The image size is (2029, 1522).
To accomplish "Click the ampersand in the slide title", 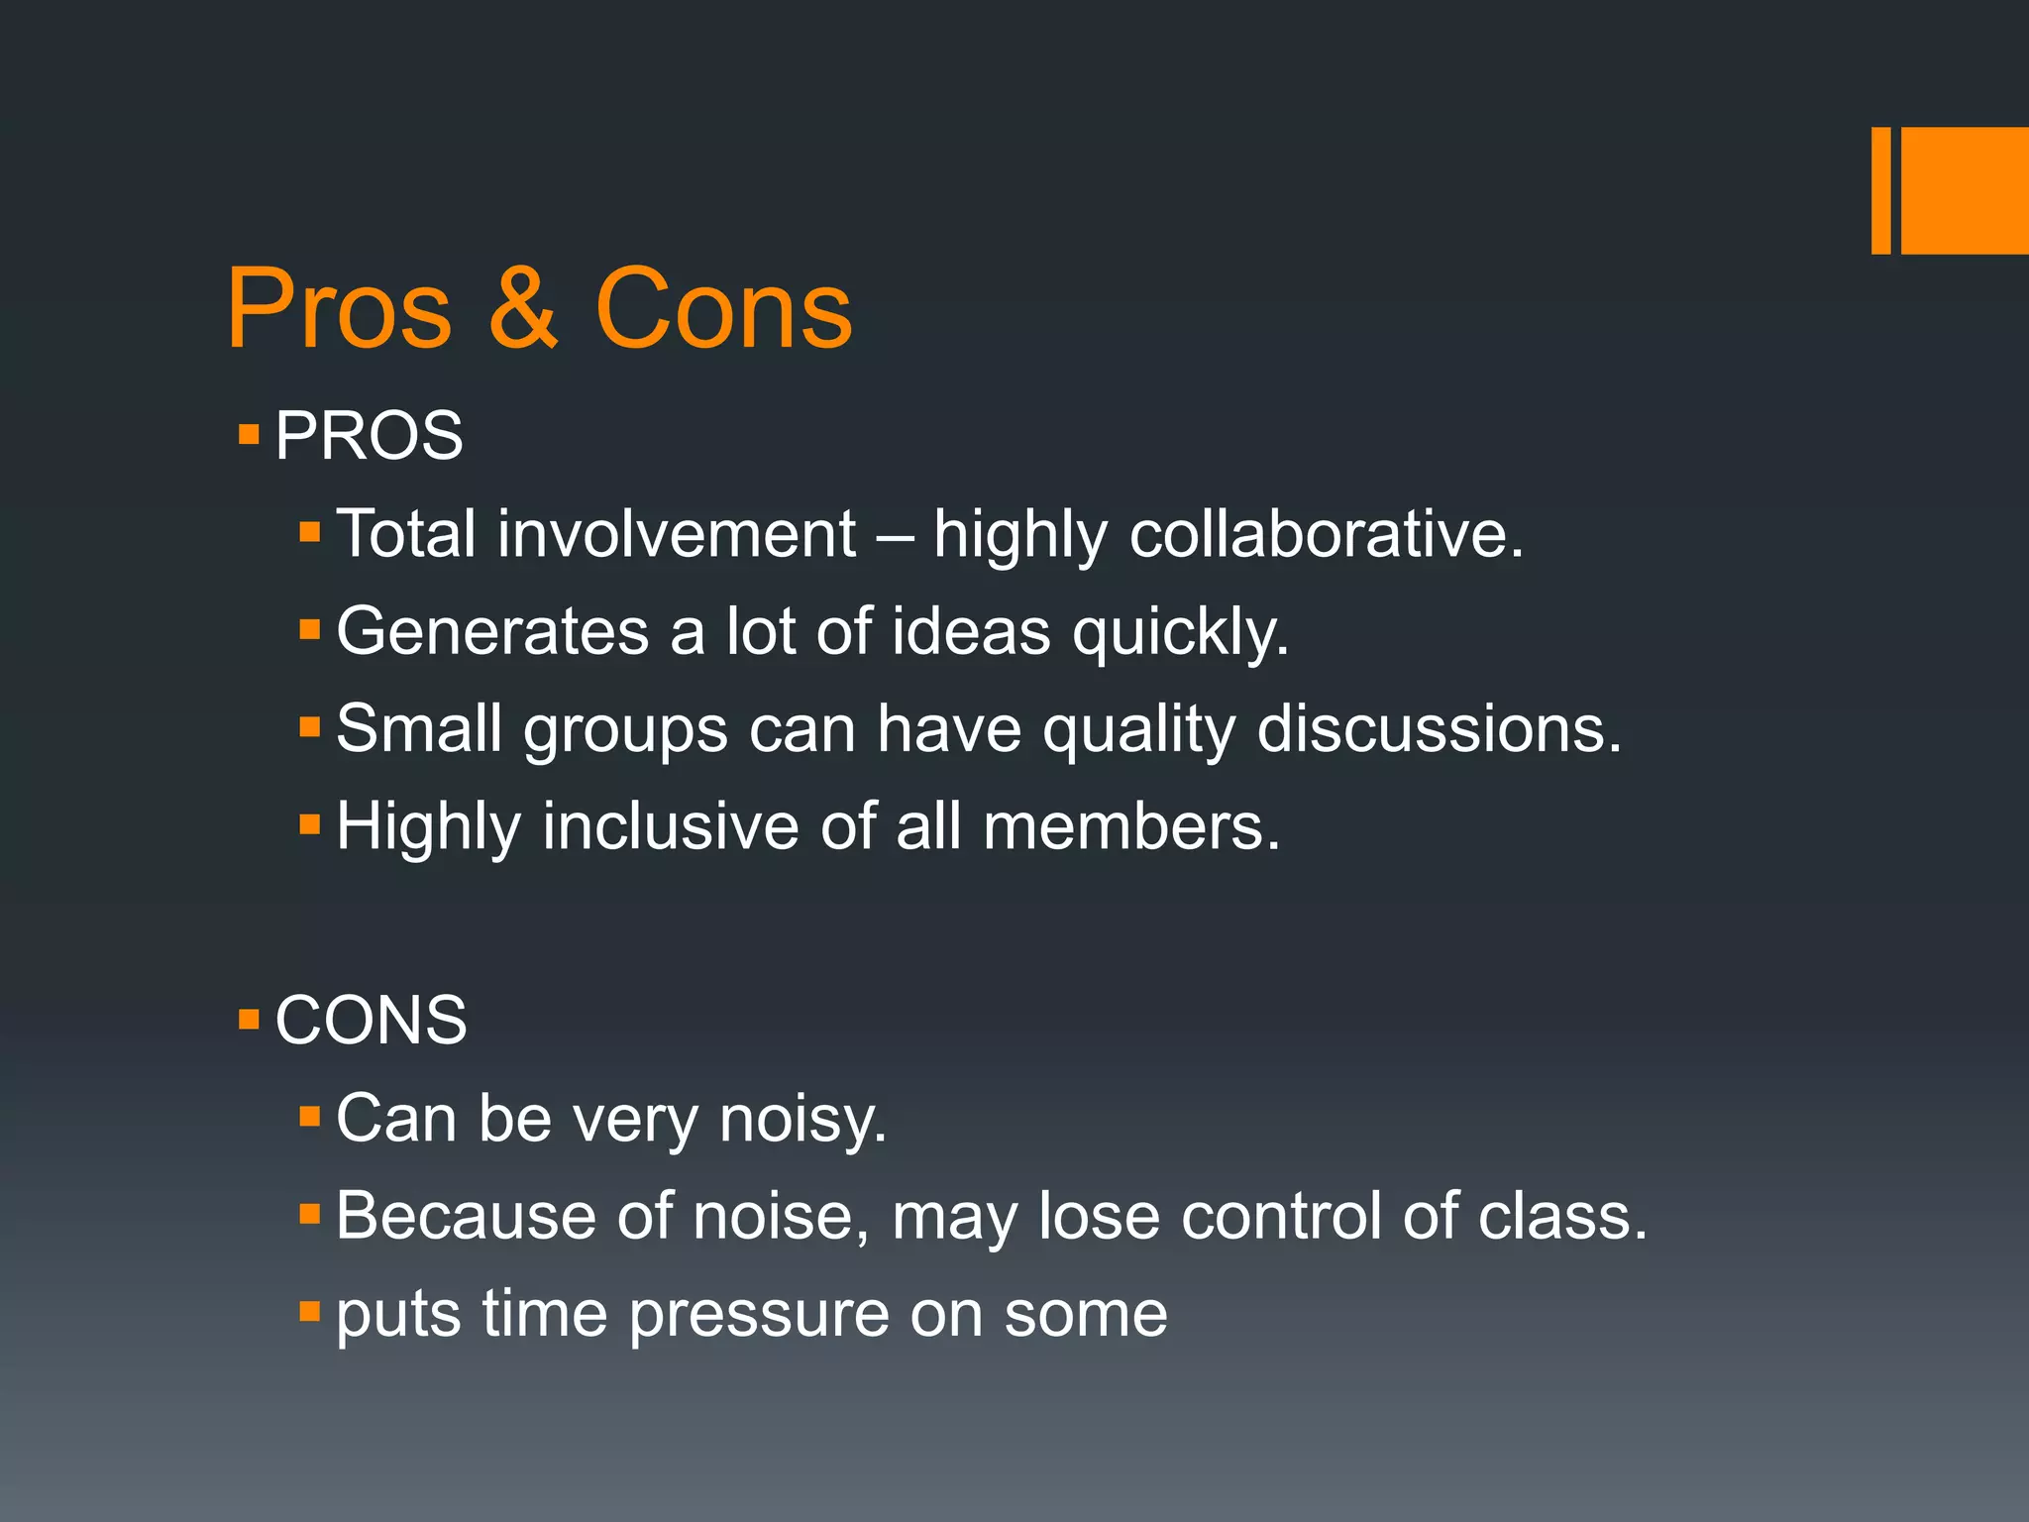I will [523, 309].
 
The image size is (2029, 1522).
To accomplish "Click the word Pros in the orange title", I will [340, 309].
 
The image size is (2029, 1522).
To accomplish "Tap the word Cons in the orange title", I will [723, 309].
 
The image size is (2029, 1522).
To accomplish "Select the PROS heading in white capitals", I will [369, 435].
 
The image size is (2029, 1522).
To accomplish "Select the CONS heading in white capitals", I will [371, 1020].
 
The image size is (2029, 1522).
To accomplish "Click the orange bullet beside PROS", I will [249, 434].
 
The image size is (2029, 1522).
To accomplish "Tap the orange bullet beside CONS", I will [249, 1019].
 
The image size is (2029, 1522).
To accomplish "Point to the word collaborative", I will [1325, 534].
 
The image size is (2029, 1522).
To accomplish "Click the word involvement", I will [676, 534].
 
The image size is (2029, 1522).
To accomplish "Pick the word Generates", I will [492, 631].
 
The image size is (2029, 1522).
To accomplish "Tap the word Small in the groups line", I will [419, 729].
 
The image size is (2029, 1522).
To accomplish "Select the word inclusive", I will [670, 826].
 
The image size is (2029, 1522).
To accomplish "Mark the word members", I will [1131, 826].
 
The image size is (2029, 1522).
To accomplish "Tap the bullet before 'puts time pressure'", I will [310, 1312].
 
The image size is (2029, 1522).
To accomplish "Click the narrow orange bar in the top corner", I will [1880, 190].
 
